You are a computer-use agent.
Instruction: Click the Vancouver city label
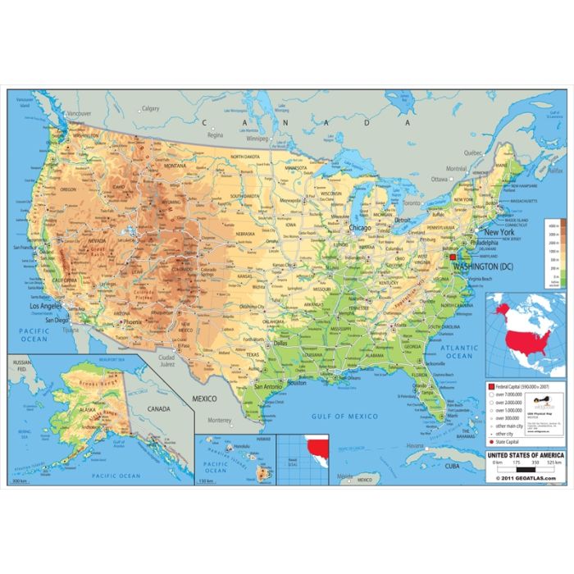pos(78,113)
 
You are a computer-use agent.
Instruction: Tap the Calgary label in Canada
pos(150,108)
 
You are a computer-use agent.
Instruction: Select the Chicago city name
pos(360,228)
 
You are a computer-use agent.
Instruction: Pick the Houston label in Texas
pos(296,383)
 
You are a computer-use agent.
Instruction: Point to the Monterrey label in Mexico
pos(219,421)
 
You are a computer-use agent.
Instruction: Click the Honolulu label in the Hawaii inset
pos(241,446)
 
